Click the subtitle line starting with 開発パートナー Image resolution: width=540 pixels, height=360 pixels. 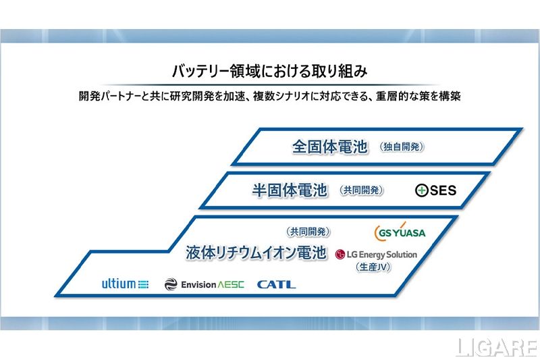pyautogui.click(x=269, y=96)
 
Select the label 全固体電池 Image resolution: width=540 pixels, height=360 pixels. pyautogui.click(x=329, y=147)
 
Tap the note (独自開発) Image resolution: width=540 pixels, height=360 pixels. pyautogui.click(x=402, y=147)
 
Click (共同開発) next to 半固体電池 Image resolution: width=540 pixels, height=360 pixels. pyautogui.click(x=362, y=191)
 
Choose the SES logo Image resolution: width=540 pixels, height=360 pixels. pyautogui.click(x=435, y=191)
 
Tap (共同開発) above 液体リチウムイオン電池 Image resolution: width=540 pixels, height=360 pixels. pyautogui.click(x=308, y=232)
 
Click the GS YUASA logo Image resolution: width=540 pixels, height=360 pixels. pyautogui.click(x=400, y=232)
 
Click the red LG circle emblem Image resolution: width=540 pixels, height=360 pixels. pyautogui.click(x=340, y=255)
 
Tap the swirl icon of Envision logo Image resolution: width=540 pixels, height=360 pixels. pyautogui.click(x=170, y=284)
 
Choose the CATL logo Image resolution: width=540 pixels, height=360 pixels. pyautogui.click(x=276, y=284)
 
